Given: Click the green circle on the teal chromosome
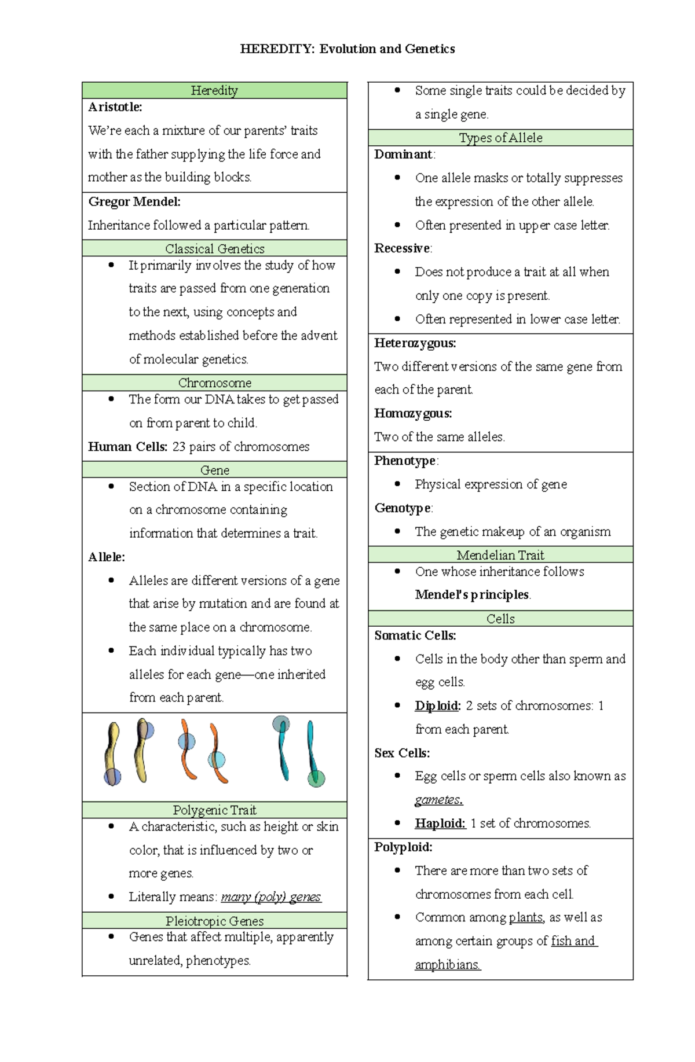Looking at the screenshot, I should tap(316, 778).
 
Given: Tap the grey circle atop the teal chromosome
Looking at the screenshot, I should tap(281, 724).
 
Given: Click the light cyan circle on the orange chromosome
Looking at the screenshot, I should tap(217, 759).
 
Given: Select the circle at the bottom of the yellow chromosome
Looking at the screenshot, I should tap(112, 777).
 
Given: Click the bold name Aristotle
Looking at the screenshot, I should tap(115, 107).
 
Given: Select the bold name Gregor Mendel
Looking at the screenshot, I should tap(134, 201).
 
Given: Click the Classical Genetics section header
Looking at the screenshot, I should tap(214, 249).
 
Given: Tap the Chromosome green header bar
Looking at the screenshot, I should tap(214, 383).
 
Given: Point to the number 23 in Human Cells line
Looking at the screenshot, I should tap(178, 447).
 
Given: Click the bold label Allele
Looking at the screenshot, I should tap(106, 557).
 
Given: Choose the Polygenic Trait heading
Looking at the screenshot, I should tap(214, 810).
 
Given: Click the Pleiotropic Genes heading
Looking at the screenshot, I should tap(214, 921).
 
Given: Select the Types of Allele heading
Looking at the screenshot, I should tap(500, 138).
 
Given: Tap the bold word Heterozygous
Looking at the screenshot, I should tap(415, 343).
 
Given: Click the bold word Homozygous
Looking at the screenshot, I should tap(412, 413).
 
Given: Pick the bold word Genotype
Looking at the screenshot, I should tap(403, 508).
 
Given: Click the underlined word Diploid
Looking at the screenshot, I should tap(437, 705).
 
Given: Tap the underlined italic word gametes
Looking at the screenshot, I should tap(438, 800).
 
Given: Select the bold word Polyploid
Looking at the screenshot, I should tap(403, 847).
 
